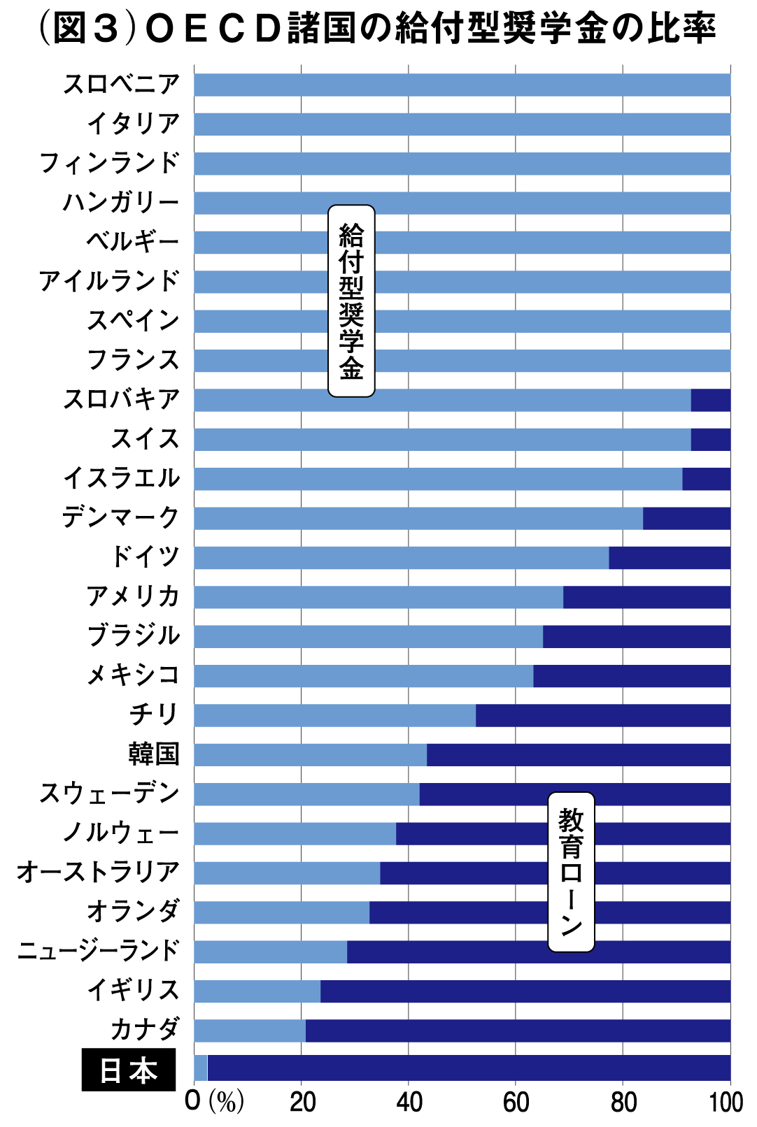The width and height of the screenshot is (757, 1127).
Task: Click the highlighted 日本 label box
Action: point(129,1070)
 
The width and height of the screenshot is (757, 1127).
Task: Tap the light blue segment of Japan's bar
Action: point(201,1068)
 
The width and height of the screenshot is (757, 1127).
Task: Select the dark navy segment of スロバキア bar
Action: point(710,400)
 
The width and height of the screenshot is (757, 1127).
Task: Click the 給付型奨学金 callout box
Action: point(351,301)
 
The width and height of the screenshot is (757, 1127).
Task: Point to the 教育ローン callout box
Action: point(571,871)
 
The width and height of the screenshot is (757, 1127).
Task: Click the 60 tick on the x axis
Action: point(516,1103)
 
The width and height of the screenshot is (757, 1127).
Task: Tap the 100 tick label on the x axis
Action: point(726,1103)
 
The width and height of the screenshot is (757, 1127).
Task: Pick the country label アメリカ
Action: point(133,596)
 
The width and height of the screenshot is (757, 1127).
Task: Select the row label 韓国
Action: point(154,754)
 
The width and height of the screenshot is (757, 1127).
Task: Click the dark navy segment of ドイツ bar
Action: point(670,558)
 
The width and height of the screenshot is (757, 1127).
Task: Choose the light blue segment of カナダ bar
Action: point(250,1031)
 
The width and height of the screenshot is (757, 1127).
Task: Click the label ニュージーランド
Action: point(99,951)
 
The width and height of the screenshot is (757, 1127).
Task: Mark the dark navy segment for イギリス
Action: point(525,991)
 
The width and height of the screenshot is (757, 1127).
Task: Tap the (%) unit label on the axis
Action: point(227,1103)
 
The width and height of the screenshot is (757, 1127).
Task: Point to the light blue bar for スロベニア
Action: point(462,85)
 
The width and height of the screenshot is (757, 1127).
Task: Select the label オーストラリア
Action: point(99,872)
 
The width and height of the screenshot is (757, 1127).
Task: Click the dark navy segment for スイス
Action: point(710,439)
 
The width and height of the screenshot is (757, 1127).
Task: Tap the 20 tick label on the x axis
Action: point(302,1103)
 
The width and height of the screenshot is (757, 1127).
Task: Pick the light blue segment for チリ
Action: point(334,715)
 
